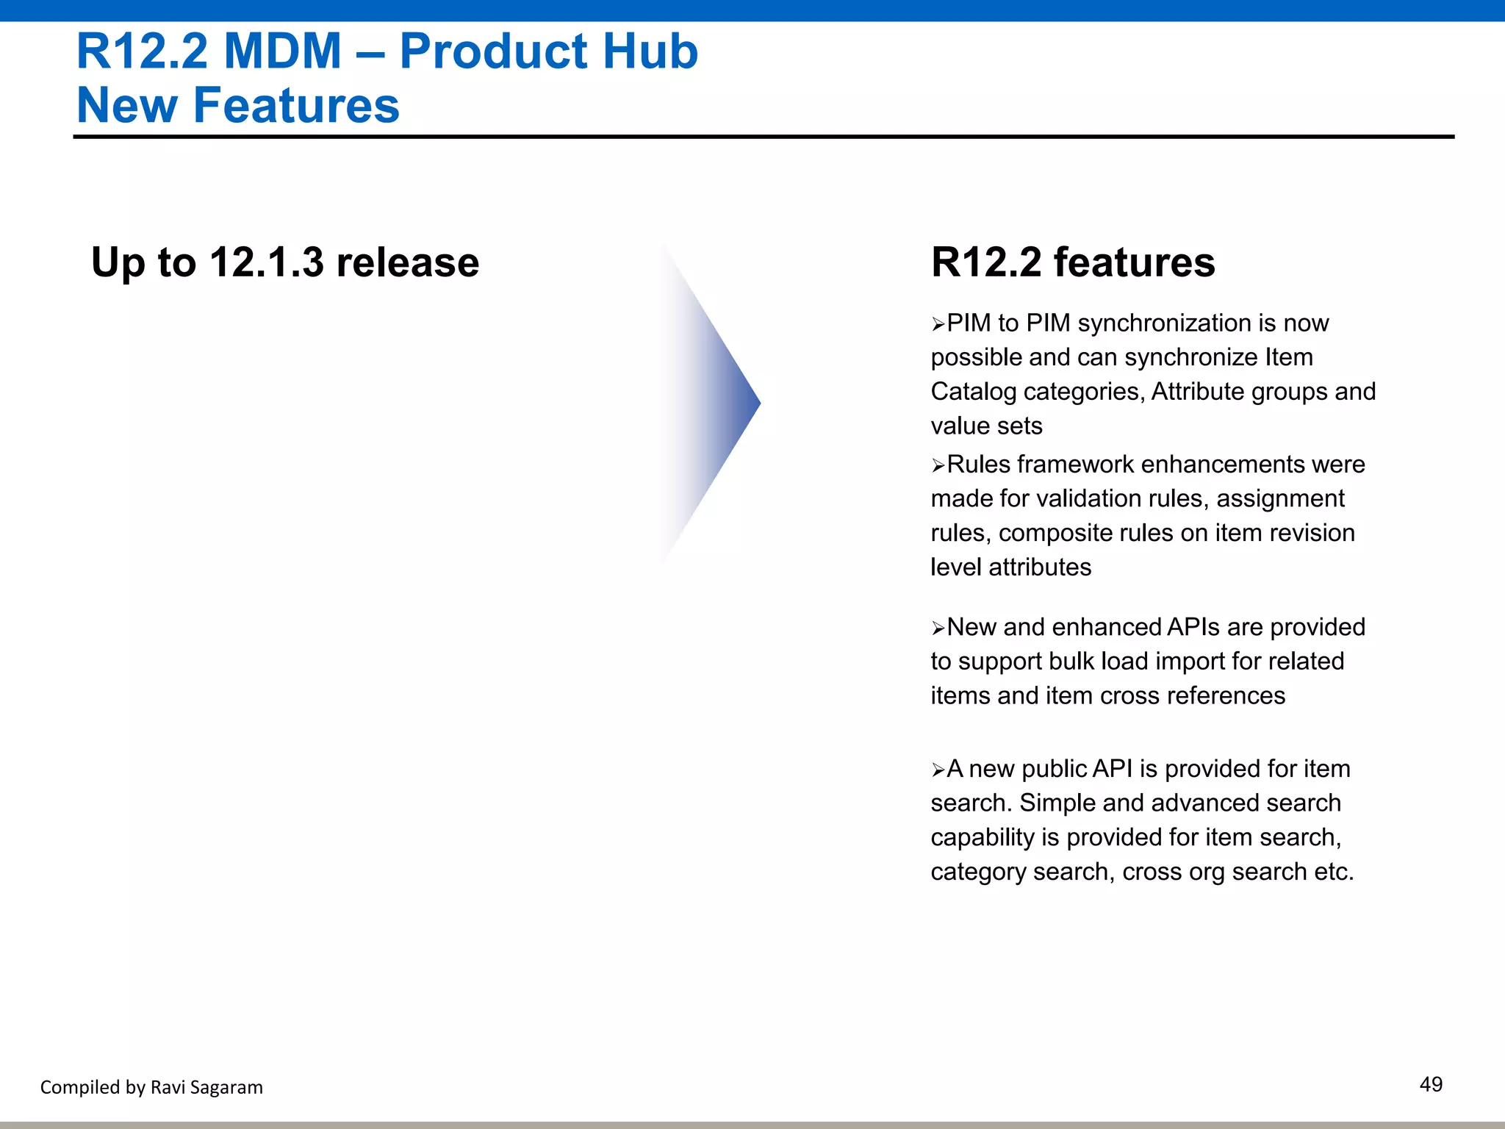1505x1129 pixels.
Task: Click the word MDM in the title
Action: (x=282, y=51)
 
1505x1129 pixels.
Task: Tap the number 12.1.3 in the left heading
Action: (x=266, y=262)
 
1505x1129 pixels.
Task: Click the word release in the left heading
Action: (x=407, y=262)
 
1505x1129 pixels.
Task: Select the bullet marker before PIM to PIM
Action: (x=938, y=324)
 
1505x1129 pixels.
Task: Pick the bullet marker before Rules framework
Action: (x=938, y=465)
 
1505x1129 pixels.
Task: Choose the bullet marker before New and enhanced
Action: (x=938, y=628)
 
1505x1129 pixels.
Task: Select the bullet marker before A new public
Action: (x=938, y=770)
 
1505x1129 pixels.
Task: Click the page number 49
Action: (x=1430, y=1084)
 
